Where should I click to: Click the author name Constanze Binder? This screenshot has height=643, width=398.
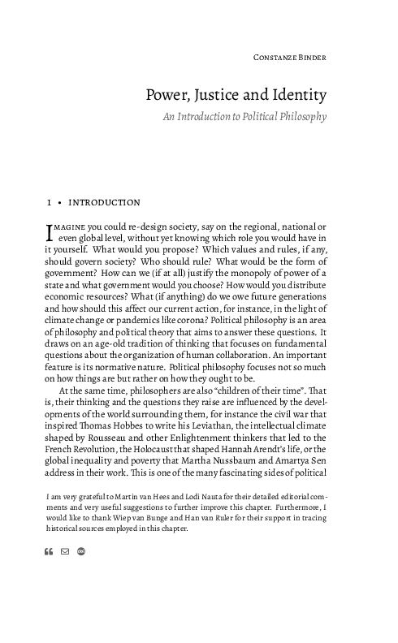point(289,58)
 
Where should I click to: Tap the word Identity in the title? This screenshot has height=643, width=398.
point(297,96)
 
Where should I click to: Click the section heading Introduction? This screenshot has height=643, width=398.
point(105,202)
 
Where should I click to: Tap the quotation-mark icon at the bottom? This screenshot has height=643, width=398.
point(49,552)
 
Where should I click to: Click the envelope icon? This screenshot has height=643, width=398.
point(65,552)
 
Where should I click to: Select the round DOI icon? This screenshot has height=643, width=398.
point(80,552)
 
